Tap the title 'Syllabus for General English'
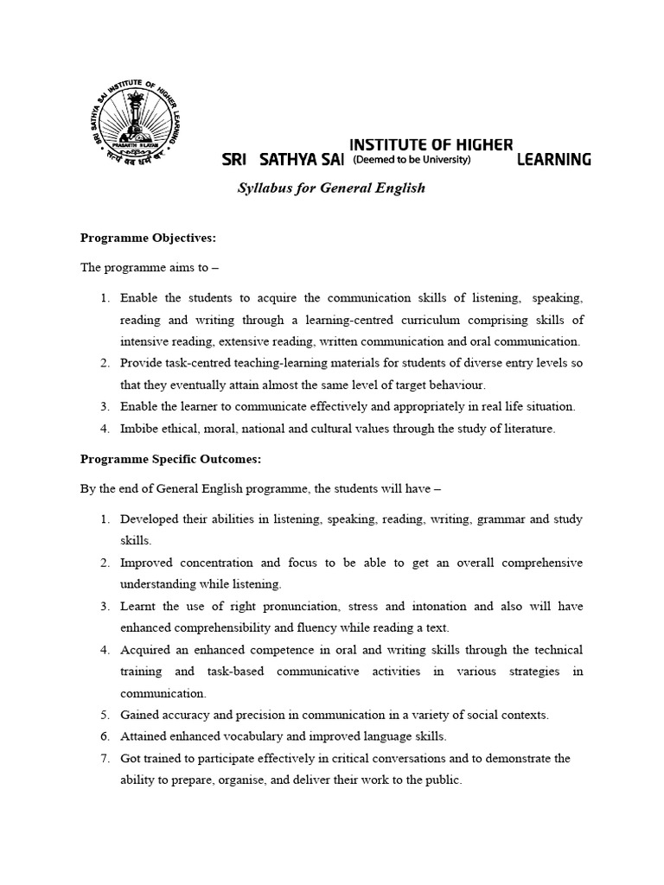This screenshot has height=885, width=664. (x=331, y=188)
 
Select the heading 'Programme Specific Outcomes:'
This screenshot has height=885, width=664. (x=170, y=459)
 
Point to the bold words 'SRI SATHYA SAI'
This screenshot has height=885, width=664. (x=283, y=160)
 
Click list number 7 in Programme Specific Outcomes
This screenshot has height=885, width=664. (x=104, y=759)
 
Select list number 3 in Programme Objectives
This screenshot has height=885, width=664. (x=104, y=406)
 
